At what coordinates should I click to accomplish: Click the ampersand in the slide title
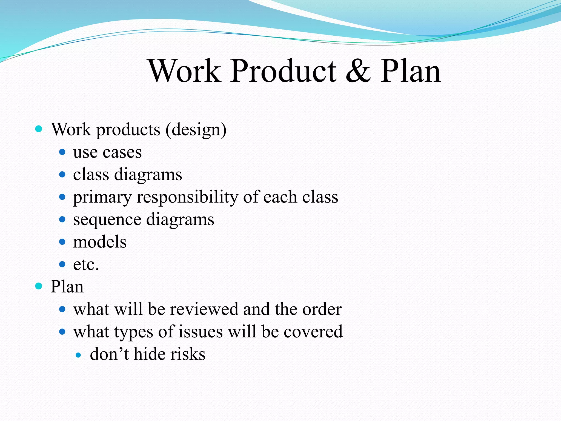coord(358,71)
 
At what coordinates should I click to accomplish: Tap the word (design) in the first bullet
coord(196,130)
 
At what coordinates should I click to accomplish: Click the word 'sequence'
coord(107,220)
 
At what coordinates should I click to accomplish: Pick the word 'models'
coord(100,242)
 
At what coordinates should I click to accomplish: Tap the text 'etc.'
coord(86,264)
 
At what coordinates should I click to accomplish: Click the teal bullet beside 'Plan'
coord(39,286)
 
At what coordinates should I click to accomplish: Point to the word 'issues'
coord(201,332)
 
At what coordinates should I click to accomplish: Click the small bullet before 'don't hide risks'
coord(79,355)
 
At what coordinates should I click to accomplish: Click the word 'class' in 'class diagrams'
coord(91,175)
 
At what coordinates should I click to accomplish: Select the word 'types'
coord(134,332)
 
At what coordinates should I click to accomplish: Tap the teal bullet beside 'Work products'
coord(39,129)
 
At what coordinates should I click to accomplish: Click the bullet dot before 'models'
coord(62,242)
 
